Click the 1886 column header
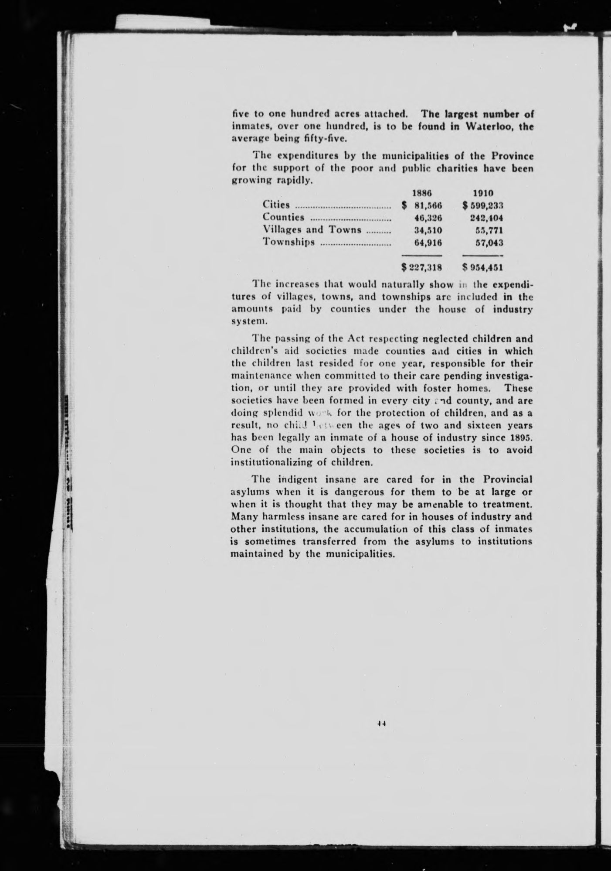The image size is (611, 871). [421, 192]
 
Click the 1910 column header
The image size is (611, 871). [483, 192]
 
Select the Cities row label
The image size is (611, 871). [276, 205]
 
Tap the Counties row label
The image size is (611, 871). [283, 217]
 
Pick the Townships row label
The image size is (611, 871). [289, 242]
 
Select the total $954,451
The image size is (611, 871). [483, 267]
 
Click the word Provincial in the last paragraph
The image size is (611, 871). [508, 479]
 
